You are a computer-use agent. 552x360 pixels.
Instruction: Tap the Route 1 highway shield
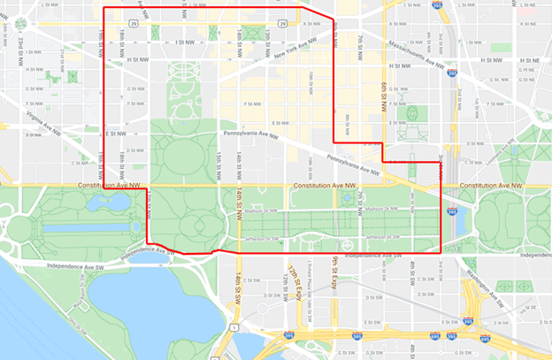tap(232, 328)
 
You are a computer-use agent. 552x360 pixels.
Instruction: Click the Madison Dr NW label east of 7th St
tap(382, 209)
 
